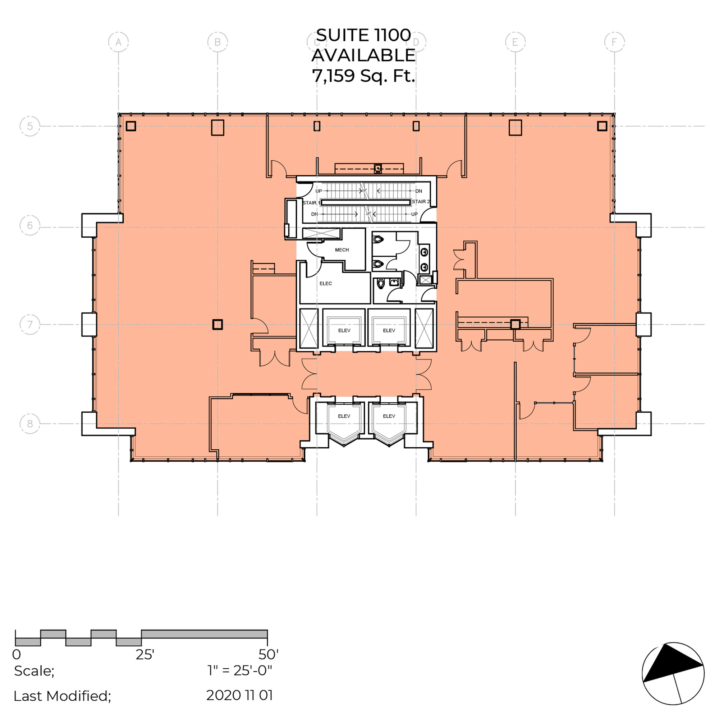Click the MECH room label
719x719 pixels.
(x=342, y=250)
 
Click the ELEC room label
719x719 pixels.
(x=326, y=283)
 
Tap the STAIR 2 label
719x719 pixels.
(x=421, y=202)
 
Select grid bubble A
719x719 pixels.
(x=118, y=42)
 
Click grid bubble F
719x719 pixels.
(x=614, y=42)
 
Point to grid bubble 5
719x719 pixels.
(x=30, y=126)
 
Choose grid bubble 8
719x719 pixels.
(x=30, y=423)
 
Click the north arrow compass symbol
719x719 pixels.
(x=673, y=673)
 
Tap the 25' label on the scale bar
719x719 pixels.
(x=145, y=655)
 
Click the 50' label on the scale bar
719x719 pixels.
(x=268, y=655)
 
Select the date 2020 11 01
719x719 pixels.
(x=240, y=695)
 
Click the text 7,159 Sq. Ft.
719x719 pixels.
(x=363, y=76)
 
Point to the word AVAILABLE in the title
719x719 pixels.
(x=363, y=55)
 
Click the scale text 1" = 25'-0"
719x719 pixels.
(x=240, y=670)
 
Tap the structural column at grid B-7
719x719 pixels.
(x=218, y=325)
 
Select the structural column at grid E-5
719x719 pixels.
(x=516, y=128)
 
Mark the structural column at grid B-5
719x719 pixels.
(x=218, y=128)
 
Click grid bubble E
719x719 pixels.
(x=516, y=42)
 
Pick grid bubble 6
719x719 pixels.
(x=30, y=225)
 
